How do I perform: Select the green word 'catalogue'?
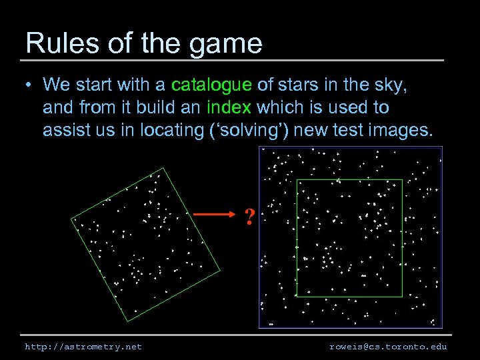211,85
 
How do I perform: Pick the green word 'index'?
229,107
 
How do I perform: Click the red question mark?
249,216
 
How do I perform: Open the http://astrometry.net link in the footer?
83,347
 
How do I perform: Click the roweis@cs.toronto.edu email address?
388,347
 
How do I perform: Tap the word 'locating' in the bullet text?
169,131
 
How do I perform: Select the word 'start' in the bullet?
96,85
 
